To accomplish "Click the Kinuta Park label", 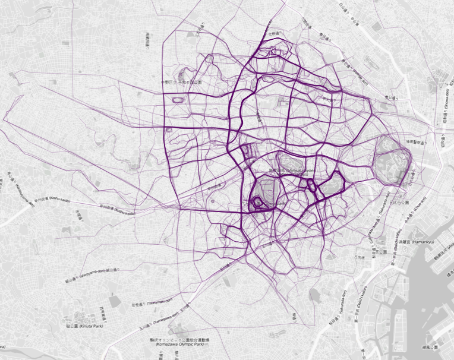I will click(x=79, y=326).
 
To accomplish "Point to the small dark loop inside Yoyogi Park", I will click(x=257, y=204).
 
